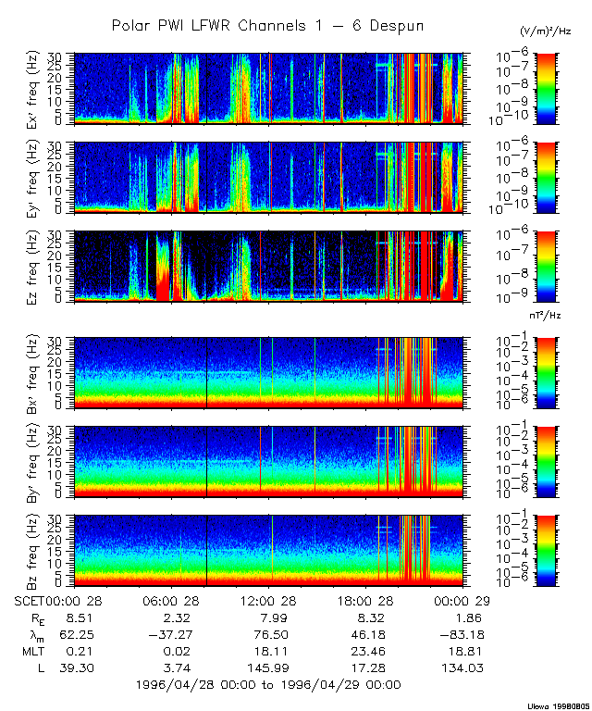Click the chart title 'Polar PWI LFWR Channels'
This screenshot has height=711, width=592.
coord(267,26)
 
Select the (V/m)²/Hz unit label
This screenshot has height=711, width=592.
coord(546,31)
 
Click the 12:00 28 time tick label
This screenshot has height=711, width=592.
coord(269,599)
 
